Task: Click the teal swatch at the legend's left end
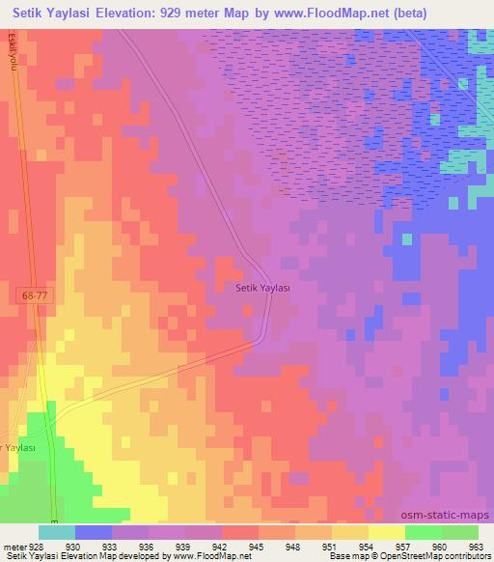coord(56,532)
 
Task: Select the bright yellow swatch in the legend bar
coord(386,532)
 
